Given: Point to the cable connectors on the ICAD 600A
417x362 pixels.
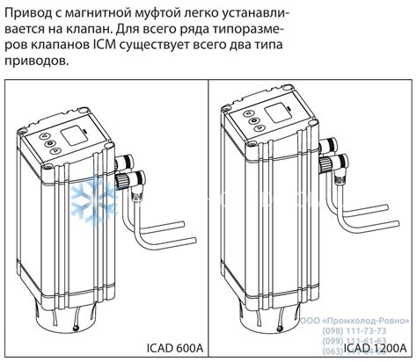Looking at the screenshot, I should coord(128,177).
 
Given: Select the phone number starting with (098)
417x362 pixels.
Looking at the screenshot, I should coord(362,329).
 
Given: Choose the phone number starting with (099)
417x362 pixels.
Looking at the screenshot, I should coord(362,340).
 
